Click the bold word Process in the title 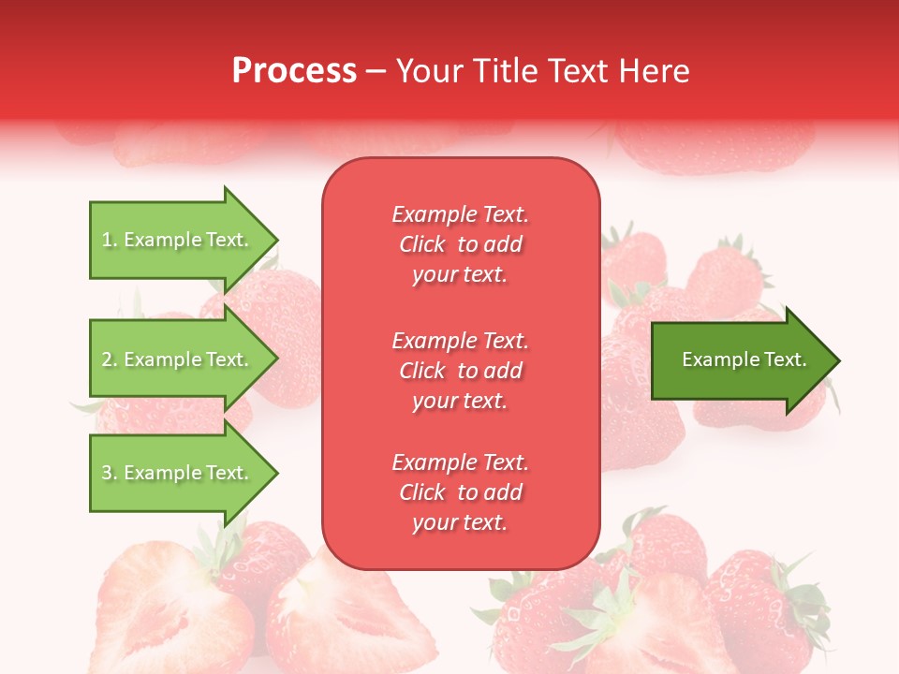[294, 71]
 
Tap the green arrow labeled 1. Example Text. [178, 240]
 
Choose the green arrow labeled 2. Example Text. [178, 359]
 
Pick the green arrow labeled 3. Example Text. [178, 473]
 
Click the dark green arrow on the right [740, 359]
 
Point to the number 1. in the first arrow [110, 241]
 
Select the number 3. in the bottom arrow [110, 474]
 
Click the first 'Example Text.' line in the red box [460, 214]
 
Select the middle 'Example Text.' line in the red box [460, 341]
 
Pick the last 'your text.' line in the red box [460, 523]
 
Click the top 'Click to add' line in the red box [460, 245]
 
